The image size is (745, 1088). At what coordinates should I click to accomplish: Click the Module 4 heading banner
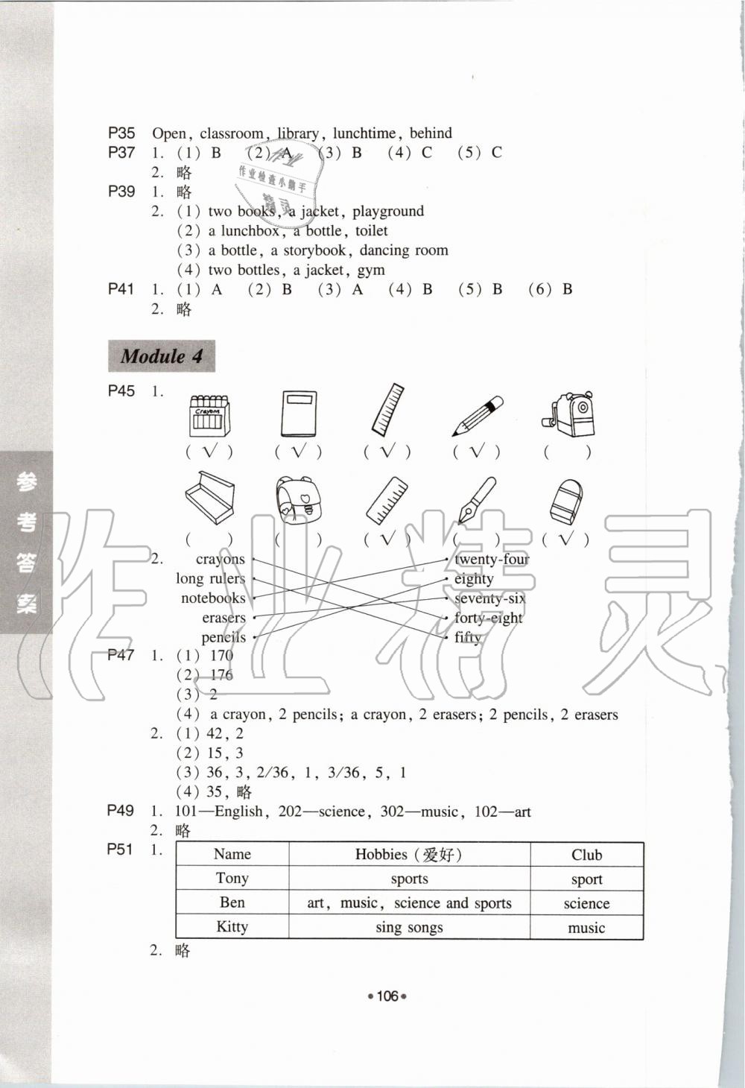[162, 356]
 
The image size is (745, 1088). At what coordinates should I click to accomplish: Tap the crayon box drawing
[209, 415]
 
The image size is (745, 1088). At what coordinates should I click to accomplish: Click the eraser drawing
[566, 501]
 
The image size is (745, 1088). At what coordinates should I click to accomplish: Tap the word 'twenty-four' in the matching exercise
[492, 560]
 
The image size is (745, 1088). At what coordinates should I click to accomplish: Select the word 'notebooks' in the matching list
[213, 598]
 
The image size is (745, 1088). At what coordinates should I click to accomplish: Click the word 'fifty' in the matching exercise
[468, 637]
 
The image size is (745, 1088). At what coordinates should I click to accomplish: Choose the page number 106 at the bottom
[387, 996]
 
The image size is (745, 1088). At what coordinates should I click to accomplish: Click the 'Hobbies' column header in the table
[409, 855]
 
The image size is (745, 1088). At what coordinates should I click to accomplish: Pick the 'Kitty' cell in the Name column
[232, 927]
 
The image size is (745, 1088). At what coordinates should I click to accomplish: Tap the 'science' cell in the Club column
[586, 904]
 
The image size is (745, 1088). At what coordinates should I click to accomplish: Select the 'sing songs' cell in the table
[409, 928]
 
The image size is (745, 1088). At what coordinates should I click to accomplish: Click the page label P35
[121, 133]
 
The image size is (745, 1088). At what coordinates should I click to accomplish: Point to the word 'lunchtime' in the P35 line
[364, 133]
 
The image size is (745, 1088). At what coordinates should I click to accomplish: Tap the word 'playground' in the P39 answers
[388, 211]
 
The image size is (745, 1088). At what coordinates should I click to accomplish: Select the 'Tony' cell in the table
[232, 879]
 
